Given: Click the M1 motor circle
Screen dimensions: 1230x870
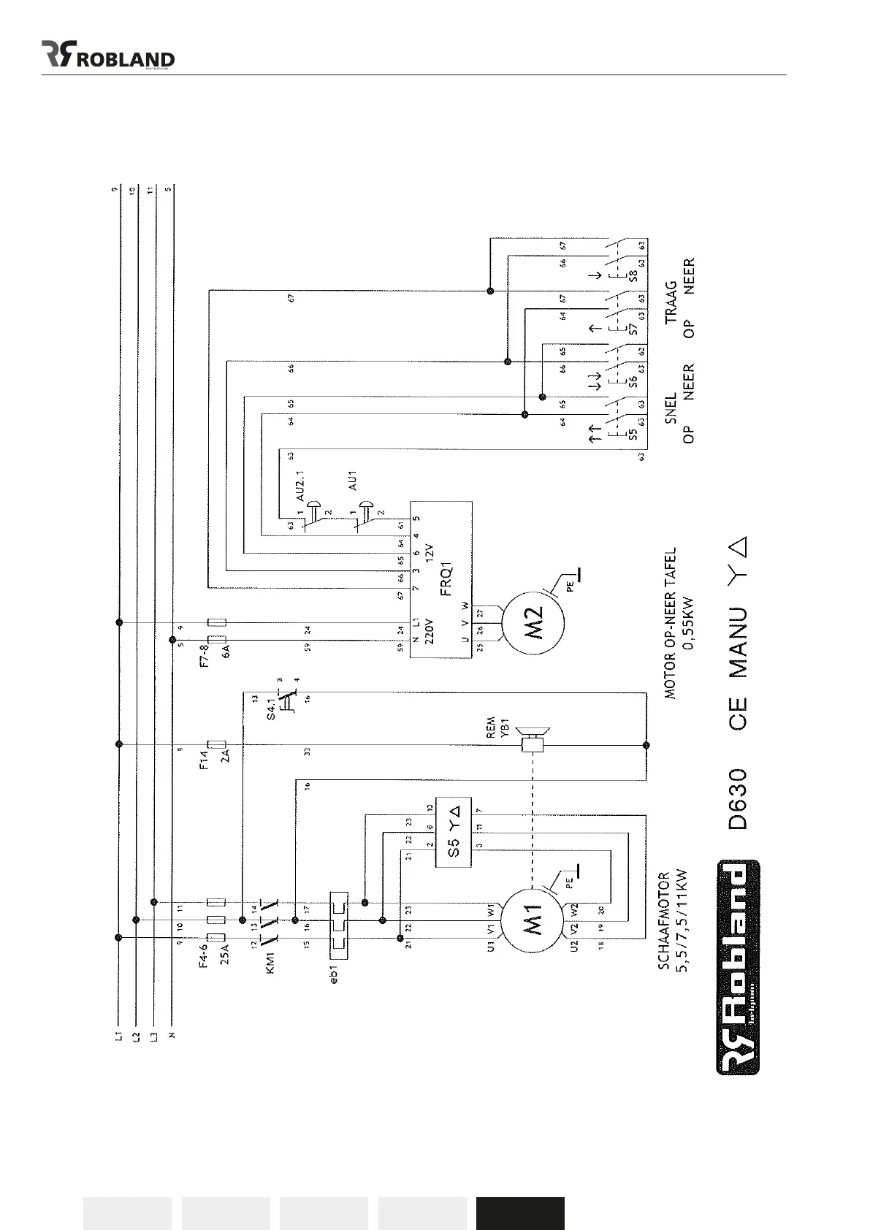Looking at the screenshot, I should coord(533,920).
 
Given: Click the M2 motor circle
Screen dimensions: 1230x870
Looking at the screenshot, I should coord(533,624).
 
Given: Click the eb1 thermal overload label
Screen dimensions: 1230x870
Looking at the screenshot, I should coord(334,974).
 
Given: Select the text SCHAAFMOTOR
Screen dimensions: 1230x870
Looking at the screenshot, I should coord(663,921).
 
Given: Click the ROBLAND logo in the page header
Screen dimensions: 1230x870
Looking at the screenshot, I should coord(108,56).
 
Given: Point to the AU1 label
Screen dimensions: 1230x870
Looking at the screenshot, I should coord(352,479).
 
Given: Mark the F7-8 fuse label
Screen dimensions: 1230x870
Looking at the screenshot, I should coord(205,656).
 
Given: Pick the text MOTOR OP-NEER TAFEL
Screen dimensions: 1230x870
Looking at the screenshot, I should coord(670,622).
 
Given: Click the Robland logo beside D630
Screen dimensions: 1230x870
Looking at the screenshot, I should coord(737,967).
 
